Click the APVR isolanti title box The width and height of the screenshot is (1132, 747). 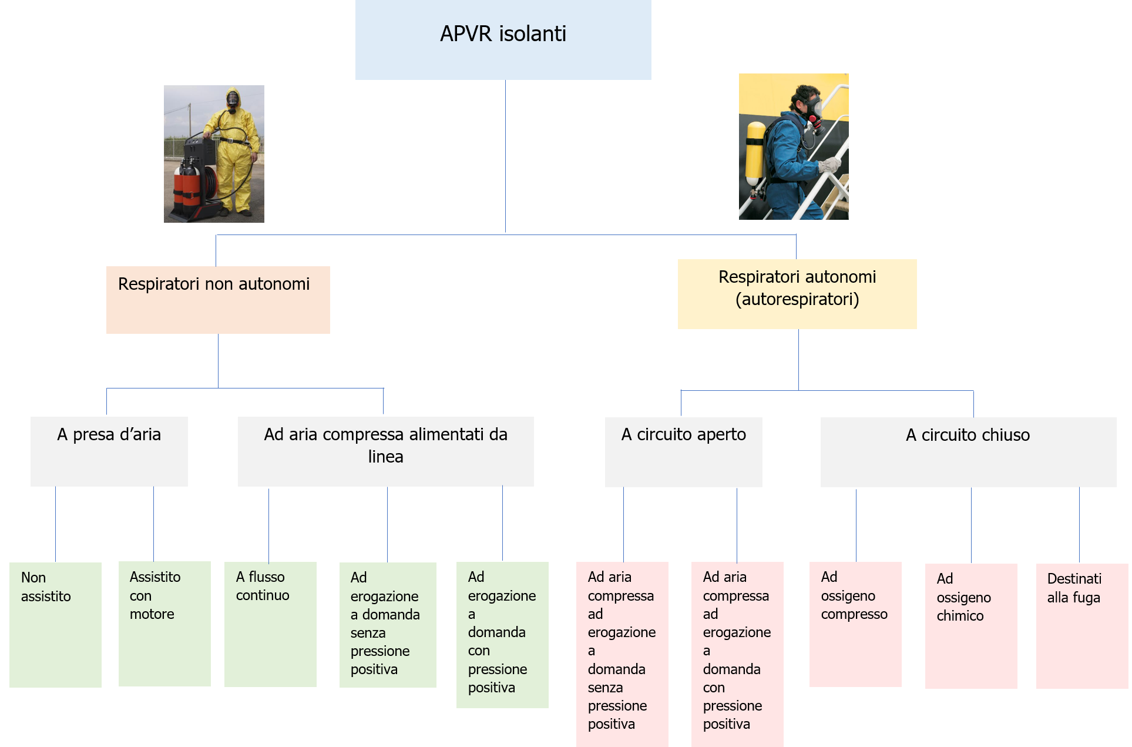click(503, 39)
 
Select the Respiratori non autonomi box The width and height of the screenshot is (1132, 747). click(218, 300)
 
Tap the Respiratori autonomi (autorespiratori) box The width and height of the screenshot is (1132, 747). click(797, 294)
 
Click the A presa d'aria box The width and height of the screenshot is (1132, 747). click(109, 451)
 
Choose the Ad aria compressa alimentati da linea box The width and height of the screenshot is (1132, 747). click(385, 451)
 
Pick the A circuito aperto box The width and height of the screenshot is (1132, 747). click(683, 451)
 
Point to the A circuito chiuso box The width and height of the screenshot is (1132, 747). click(968, 451)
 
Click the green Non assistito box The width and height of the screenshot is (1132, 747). click(55, 624)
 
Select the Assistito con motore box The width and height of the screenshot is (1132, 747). click(164, 624)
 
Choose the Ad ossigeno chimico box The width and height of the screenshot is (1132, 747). click(970, 626)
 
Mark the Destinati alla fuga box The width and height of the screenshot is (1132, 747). click(1081, 626)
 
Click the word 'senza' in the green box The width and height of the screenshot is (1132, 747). click(368, 633)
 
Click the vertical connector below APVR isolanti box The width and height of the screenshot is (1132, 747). click(505, 156)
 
